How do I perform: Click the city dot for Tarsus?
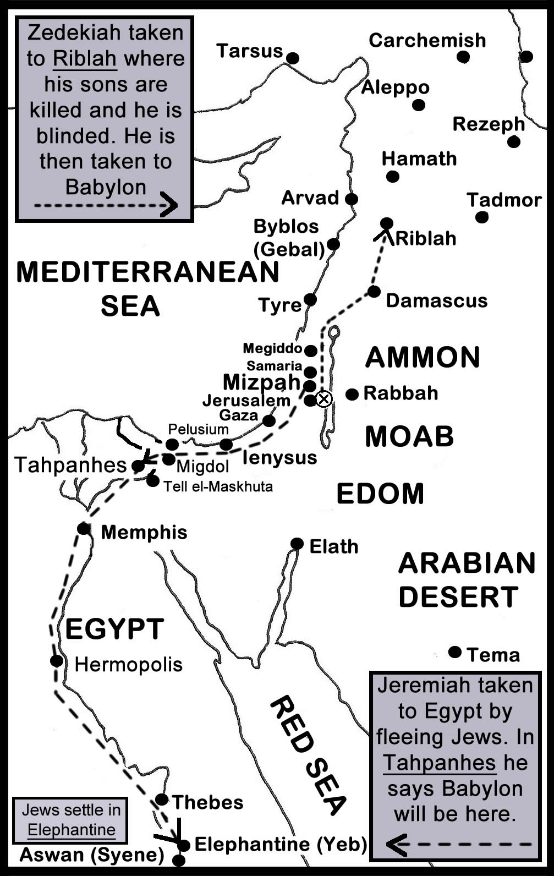point(293,58)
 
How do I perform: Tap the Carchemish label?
point(427,40)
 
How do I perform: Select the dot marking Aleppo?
point(419,105)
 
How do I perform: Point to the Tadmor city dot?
point(482,217)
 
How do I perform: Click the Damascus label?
point(437,300)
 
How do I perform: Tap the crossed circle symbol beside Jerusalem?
point(324,399)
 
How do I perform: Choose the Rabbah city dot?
point(352,394)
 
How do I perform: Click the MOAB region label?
point(409,436)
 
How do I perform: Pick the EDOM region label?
point(380,494)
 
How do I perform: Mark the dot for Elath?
point(297,544)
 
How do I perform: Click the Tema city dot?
point(454,652)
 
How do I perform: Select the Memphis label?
point(144,532)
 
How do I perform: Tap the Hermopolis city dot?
point(56,661)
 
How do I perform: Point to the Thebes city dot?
point(161,800)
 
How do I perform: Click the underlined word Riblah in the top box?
point(85,58)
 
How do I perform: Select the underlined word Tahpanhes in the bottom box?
point(440,763)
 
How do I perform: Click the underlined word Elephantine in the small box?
point(72,830)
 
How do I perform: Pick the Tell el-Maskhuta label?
point(218,486)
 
